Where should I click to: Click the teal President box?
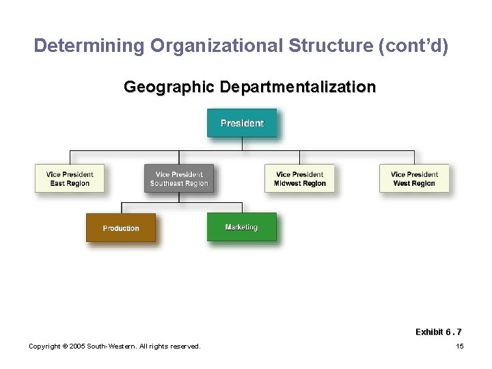[x=242, y=123]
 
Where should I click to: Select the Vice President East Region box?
[x=70, y=178]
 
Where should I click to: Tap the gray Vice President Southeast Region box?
[x=179, y=178]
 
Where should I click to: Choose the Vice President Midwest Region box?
[x=300, y=178]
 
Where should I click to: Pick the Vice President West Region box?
[x=414, y=178]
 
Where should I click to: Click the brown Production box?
[x=121, y=228]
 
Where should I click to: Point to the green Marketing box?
[x=242, y=227]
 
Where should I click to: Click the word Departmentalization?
[x=297, y=87]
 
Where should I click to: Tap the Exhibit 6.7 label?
[x=438, y=332]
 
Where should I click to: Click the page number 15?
[x=459, y=346]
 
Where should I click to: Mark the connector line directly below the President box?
[x=243, y=144]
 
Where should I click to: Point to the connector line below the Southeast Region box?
[x=179, y=197]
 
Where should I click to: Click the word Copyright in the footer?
[x=46, y=346]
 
